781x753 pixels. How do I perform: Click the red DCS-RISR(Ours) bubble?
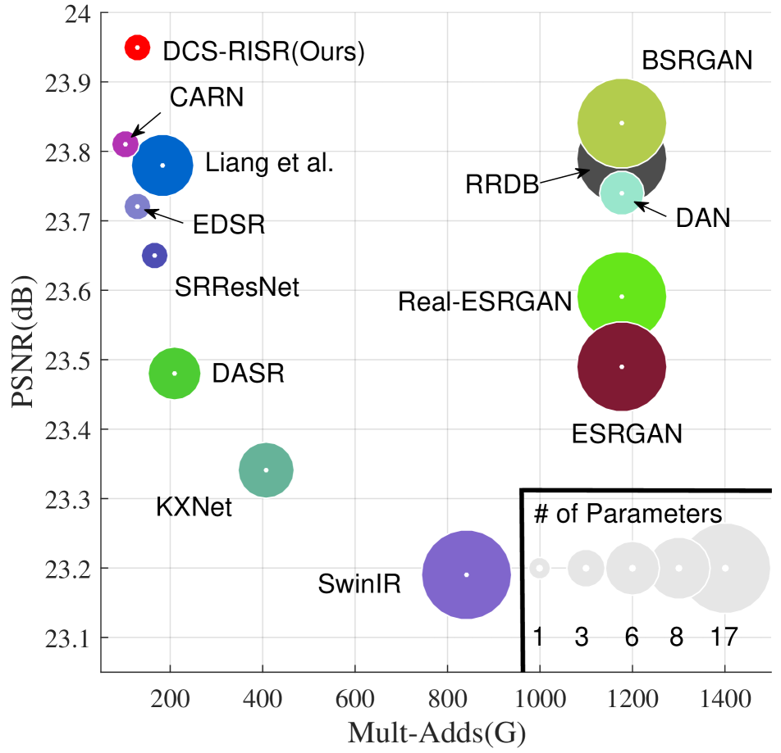[x=137, y=48]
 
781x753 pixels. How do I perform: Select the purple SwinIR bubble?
[x=466, y=574]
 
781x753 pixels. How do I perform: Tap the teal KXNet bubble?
[x=266, y=469]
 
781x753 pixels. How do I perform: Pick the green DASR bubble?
[x=174, y=374]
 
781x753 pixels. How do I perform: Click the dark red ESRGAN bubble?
[x=622, y=367]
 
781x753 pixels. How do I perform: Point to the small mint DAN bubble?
[x=622, y=193]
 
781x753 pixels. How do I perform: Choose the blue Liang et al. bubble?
[x=162, y=165]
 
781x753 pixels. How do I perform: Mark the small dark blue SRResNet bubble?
[x=154, y=255]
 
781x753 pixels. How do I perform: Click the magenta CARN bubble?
[x=125, y=144]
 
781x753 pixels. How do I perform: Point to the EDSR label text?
[x=229, y=225]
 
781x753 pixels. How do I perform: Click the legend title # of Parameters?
[x=628, y=515]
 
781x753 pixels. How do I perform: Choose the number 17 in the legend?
[x=725, y=637]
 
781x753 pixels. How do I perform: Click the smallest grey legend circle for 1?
[x=539, y=568]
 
